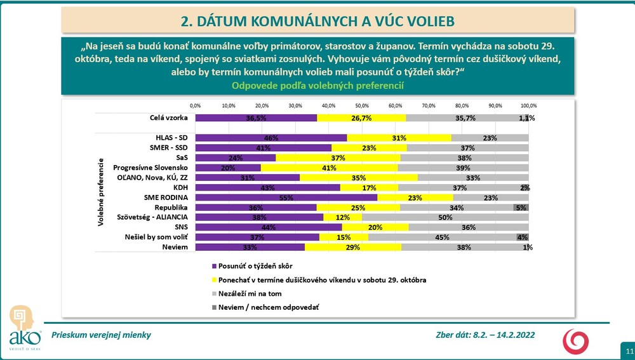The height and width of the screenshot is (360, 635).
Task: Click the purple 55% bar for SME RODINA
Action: [x=286, y=197]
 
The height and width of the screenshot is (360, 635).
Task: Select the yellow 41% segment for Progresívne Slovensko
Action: [x=329, y=168]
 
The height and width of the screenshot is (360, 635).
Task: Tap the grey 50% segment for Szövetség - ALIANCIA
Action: [x=445, y=217]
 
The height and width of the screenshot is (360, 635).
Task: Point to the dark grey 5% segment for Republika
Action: [x=521, y=208]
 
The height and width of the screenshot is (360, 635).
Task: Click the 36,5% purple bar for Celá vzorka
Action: [x=256, y=118]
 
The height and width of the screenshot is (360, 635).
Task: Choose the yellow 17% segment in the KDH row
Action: [x=369, y=188]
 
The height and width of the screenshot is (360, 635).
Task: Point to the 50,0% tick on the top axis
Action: [x=362, y=105]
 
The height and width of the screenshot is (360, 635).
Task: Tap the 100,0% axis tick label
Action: [x=529, y=105]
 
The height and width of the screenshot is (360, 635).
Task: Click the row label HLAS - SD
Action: [x=171, y=138]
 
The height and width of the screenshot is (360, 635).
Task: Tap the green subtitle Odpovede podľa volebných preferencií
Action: [x=317, y=86]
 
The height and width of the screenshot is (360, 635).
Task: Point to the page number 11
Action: [x=629, y=351]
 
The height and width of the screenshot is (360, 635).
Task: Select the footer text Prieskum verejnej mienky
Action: [x=101, y=335]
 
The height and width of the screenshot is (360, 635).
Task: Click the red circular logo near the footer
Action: [x=576, y=340]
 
